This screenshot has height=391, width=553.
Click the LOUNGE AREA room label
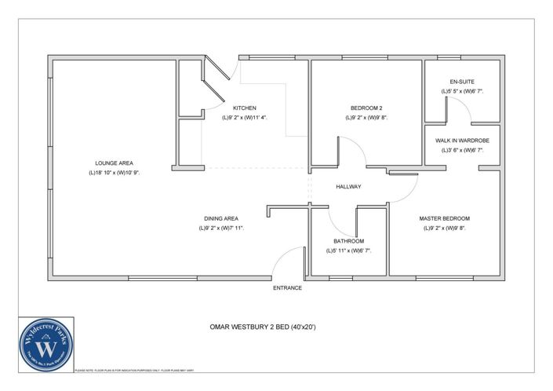pyautogui.click(x=114, y=163)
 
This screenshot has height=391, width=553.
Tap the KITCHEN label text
pyautogui.click(x=245, y=108)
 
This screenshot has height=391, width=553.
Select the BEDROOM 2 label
pyautogui.click(x=366, y=108)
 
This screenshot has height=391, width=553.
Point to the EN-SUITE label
pyautogui.click(x=462, y=82)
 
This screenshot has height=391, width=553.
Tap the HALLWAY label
pyautogui.click(x=348, y=187)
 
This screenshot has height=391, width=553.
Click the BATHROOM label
pyautogui.click(x=348, y=241)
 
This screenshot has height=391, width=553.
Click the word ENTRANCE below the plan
pyautogui.click(x=287, y=288)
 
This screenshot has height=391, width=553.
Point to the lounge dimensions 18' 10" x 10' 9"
pyautogui.click(x=114, y=172)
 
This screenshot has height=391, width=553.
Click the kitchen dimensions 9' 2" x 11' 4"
pyautogui.click(x=245, y=118)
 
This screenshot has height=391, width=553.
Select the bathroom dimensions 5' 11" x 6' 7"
pyautogui.click(x=348, y=250)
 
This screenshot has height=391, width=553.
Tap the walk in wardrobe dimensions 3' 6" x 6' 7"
pyautogui.click(x=462, y=150)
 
